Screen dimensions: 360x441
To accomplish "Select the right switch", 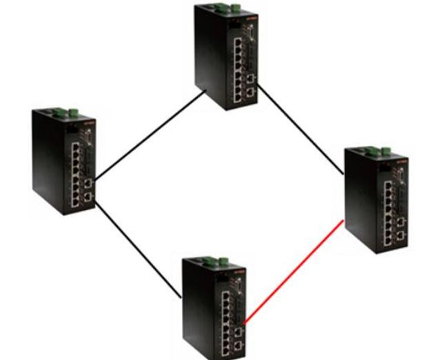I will [377, 199].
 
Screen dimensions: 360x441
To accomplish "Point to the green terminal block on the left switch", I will [65, 112].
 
